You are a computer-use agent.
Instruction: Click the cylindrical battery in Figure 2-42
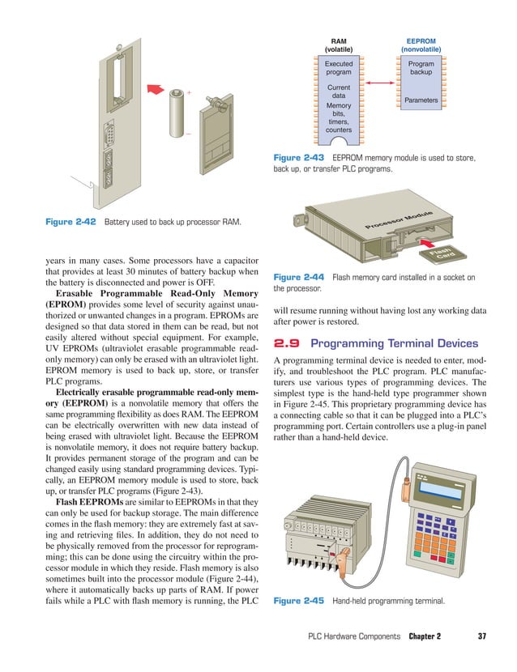coord(177,117)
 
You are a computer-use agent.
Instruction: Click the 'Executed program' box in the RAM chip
coord(338,68)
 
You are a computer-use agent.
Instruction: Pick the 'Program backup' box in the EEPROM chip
coord(421,68)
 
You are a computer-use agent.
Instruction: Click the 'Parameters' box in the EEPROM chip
coord(421,100)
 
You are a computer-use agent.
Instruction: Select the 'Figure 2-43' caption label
coord(298,158)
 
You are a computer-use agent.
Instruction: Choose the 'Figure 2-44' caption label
coord(298,278)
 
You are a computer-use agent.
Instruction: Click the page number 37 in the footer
coord(481,636)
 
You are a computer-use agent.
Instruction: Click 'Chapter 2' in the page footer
coord(425,636)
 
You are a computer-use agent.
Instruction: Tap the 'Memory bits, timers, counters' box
coord(338,117)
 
